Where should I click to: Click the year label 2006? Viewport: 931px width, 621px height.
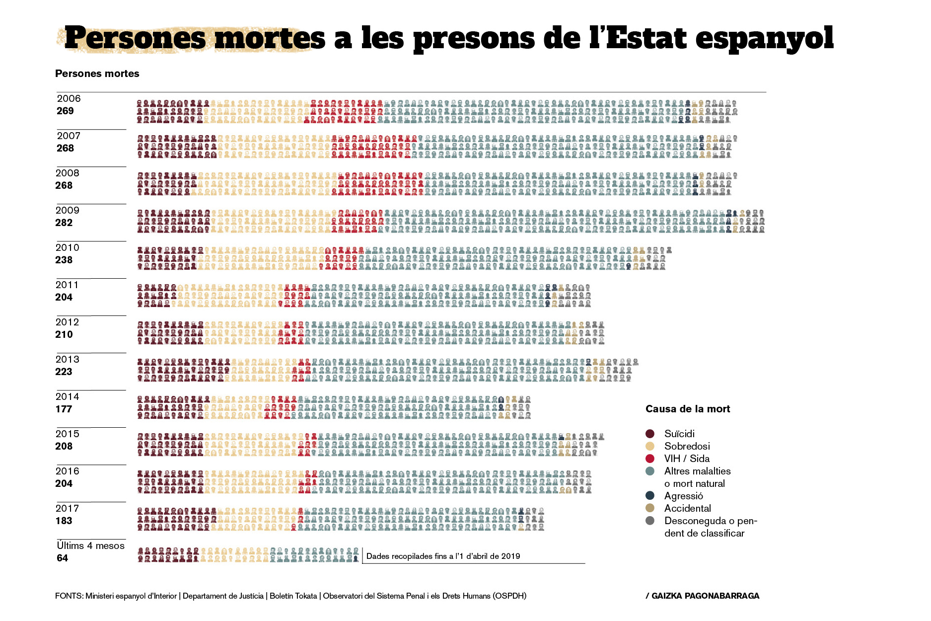pyautogui.click(x=69, y=99)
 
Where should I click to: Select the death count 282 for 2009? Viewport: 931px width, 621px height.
pyautogui.click(x=64, y=223)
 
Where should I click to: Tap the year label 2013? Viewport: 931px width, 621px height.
pyautogui.click(x=67, y=359)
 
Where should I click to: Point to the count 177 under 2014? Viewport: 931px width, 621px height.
pyautogui.click(x=64, y=409)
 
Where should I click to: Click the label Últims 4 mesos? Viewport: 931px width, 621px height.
pyautogui.click(x=90, y=545)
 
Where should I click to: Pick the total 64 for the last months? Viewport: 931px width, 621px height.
pyautogui.click(x=62, y=558)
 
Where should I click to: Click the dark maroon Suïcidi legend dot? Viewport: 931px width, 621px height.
pyautogui.click(x=650, y=434)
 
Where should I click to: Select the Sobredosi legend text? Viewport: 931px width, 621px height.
pyautogui.click(x=687, y=446)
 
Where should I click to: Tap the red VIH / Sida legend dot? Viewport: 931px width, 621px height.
pyautogui.click(x=650, y=459)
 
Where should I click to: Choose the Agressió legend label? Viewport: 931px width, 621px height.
pyautogui.click(x=683, y=496)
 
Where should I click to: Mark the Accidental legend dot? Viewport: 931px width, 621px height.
pyautogui.click(x=650, y=508)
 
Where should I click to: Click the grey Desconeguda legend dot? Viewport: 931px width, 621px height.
pyautogui.click(x=650, y=521)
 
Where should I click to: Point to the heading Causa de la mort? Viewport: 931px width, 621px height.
pyautogui.click(x=688, y=409)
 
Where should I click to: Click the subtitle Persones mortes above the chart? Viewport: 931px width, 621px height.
pyautogui.click(x=97, y=74)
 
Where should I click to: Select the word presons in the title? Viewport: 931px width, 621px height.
pyautogui.click(x=474, y=39)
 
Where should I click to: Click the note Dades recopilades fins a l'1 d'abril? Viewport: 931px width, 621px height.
pyautogui.click(x=443, y=556)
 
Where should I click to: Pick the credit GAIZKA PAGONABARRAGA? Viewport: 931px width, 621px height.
pyautogui.click(x=705, y=596)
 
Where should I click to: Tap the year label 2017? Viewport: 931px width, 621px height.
pyautogui.click(x=67, y=508)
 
